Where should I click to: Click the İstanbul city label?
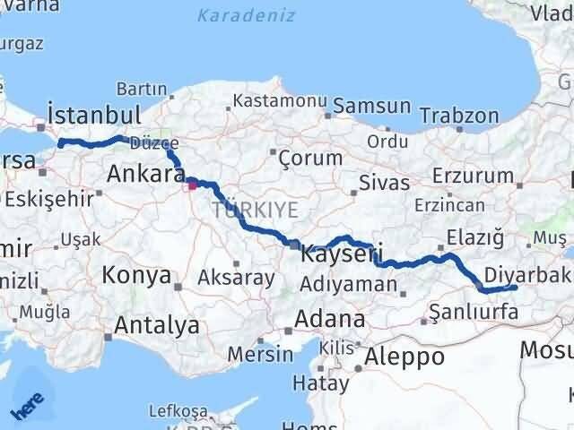click(x=94, y=115)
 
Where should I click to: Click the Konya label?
click(x=136, y=274)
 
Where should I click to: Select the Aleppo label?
click(x=404, y=356)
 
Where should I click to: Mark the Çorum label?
click(x=310, y=159)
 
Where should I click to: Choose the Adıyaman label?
click(x=349, y=285)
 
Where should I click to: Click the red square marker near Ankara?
click(x=192, y=186)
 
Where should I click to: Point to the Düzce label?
click(x=149, y=142)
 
